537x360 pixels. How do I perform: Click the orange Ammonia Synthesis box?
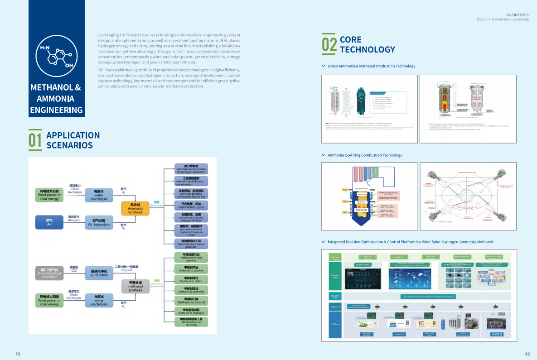point(135,208)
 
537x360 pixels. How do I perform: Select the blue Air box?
point(49,222)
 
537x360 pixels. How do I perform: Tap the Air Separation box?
point(99,222)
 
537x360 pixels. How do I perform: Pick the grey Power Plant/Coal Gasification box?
point(49,273)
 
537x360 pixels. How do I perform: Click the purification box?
point(99,273)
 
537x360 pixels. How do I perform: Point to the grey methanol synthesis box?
point(135,286)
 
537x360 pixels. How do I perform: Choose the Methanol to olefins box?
point(191,279)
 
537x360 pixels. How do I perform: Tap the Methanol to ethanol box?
point(191,300)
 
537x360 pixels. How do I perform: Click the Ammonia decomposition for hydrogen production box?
point(191,169)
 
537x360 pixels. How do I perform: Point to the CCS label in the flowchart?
point(74,270)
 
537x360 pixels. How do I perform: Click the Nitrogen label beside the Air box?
point(74,220)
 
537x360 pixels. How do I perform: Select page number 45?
point(18,354)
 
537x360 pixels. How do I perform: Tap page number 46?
point(527,354)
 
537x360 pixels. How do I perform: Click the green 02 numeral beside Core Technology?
point(329,44)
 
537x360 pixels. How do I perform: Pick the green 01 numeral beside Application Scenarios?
point(35,140)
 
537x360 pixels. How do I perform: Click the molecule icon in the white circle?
point(56,56)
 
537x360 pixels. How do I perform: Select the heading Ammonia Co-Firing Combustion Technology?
point(365,155)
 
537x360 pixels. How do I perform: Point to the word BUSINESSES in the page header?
point(517,15)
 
